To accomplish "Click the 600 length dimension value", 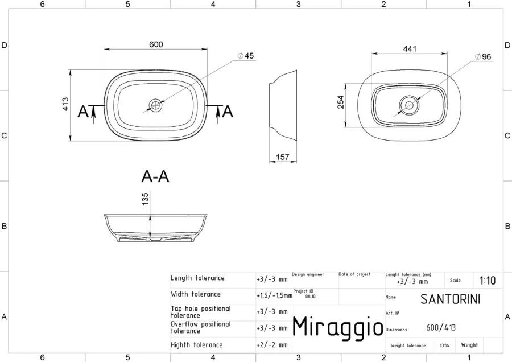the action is click(156, 44).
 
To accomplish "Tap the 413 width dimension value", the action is click(65, 104).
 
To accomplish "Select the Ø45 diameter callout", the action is click(246, 56).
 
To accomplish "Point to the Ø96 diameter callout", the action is click(483, 56).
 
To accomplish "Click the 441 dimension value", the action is click(410, 49).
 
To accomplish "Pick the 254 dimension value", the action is click(341, 102).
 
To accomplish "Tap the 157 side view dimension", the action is click(282, 157).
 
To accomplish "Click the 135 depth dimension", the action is click(145, 199).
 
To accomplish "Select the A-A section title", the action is click(155, 177).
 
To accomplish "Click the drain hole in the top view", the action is click(155, 105).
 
